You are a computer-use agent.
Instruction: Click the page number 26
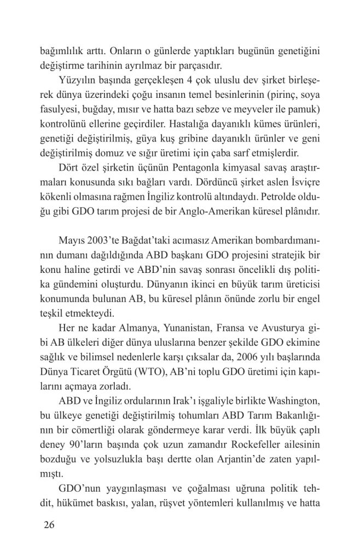[48, 526]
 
